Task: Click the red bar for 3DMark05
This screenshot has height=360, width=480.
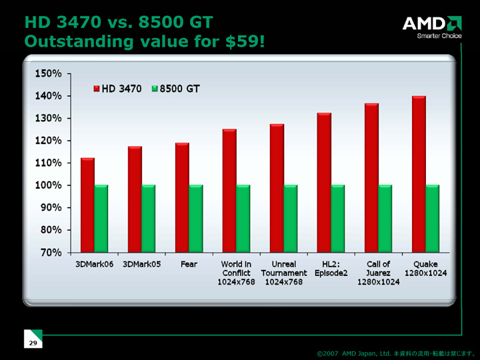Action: click(x=135, y=199)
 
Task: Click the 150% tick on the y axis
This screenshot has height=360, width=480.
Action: click(x=49, y=73)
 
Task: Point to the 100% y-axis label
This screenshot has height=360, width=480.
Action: click(x=49, y=185)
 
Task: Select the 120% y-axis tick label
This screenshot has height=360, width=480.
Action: click(x=49, y=140)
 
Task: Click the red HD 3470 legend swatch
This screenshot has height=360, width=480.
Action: click(x=97, y=89)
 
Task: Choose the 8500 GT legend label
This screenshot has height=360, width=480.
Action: click(x=179, y=89)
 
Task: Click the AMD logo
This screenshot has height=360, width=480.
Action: click(x=431, y=25)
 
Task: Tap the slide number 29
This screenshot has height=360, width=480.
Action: click(x=32, y=342)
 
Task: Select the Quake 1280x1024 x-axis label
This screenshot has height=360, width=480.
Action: click(x=425, y=269)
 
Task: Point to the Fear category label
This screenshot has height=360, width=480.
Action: click(x=189, y=265)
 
